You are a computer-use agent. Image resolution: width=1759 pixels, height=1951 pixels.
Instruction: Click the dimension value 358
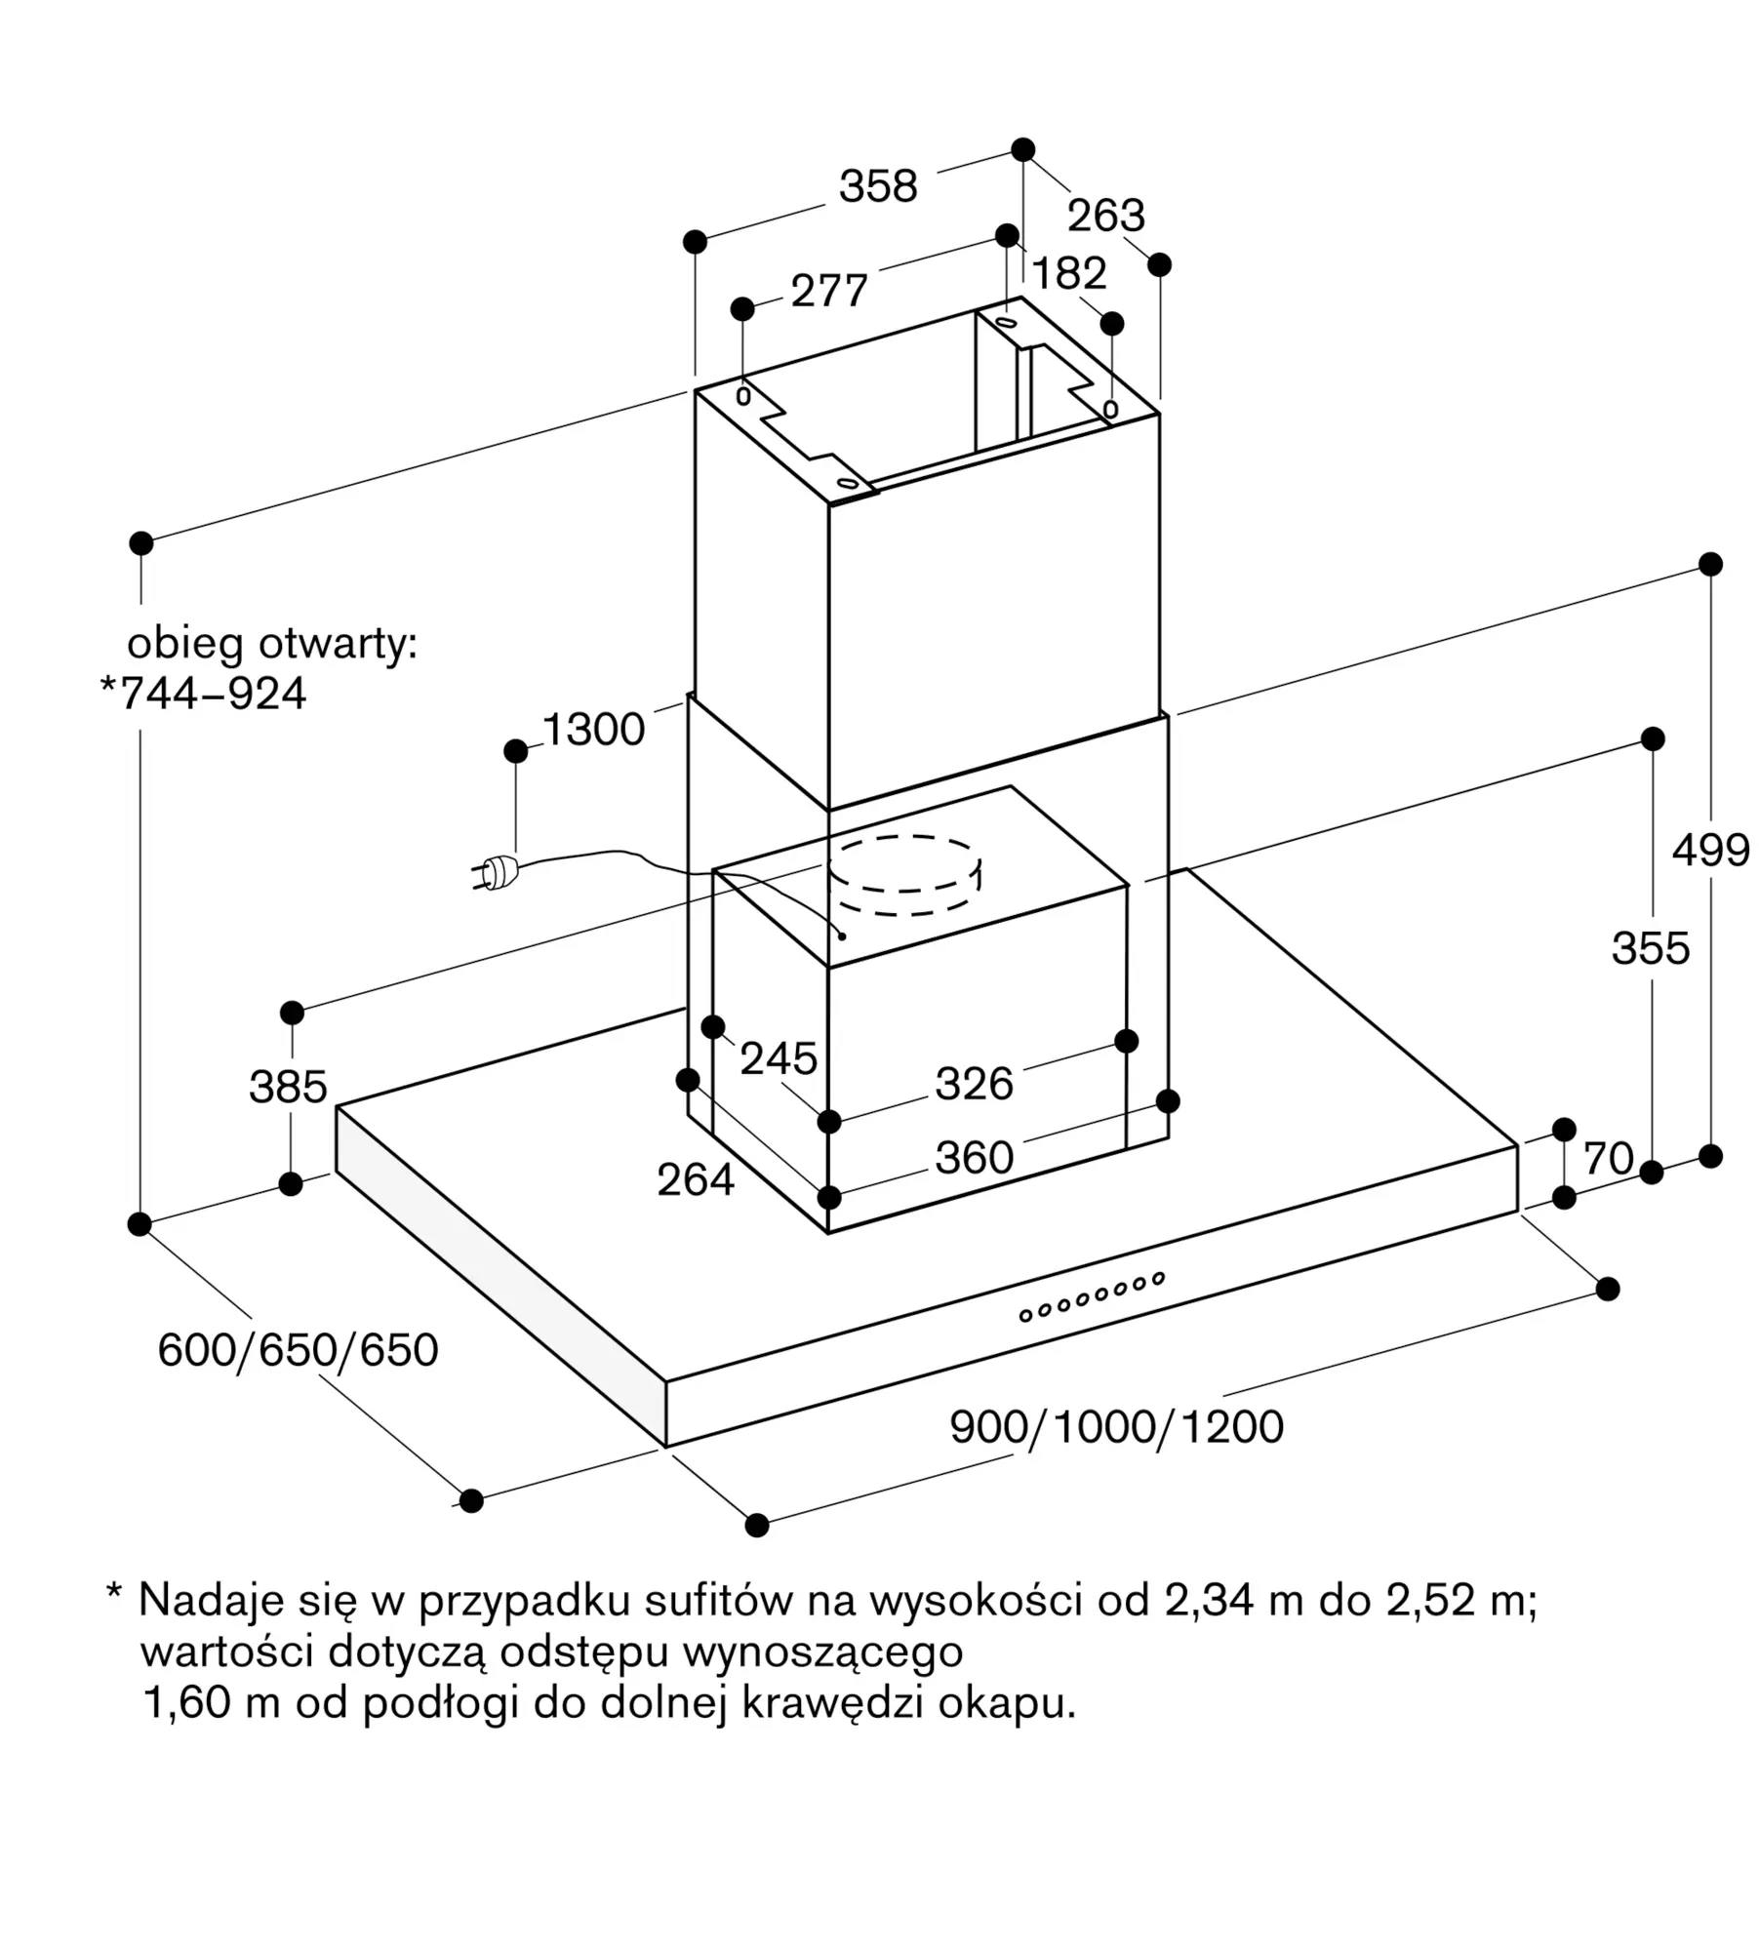[x=878, y=185]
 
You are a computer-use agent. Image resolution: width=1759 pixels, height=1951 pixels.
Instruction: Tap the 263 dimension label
[x=1105, y=216]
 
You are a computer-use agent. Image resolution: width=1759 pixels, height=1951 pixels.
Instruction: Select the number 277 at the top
[x=829, y=291]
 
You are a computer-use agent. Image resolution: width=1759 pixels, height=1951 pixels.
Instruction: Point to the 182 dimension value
[x=1069, y=273]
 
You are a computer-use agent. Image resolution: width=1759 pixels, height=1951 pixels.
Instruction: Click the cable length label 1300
[x=593, y=729]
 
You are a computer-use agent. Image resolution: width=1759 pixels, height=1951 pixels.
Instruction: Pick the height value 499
[x=1710, y=851]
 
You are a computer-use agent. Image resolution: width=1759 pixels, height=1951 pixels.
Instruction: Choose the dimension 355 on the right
[x=1651, y=948]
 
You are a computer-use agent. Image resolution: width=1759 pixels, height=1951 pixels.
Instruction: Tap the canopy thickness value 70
[x=1608, y=1159]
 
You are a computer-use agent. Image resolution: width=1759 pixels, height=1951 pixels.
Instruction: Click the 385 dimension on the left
[x=288, y=1087]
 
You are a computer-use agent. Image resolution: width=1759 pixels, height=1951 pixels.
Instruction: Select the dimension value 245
[x=779, y=1058]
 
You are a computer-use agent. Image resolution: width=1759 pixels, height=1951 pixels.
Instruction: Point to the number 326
[x=975, y=1084]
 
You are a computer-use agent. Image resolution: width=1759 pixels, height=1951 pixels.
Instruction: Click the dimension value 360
[x=975, y=1158]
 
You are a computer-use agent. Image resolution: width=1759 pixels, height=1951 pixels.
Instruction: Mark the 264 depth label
[x=696, y=1180]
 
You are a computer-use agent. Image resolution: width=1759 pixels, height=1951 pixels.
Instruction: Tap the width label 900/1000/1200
[x=1116, y=1427]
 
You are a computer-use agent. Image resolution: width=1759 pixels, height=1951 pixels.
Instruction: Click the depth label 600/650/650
[x=298, y=1350]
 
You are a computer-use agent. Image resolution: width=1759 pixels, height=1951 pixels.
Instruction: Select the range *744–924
[x=203, y=694]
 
